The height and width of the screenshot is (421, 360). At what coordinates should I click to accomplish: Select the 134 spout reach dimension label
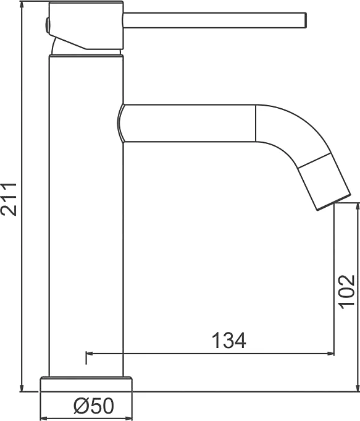229,341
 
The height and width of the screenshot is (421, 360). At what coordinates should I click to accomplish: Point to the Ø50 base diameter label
94,406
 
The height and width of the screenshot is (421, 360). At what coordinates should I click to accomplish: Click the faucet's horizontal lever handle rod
215,20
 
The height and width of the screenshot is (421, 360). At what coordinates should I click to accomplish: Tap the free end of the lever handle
306,20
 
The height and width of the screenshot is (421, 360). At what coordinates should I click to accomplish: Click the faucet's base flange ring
86,384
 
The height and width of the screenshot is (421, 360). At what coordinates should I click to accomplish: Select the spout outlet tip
334,202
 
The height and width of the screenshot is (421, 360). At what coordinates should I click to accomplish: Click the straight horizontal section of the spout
188,123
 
